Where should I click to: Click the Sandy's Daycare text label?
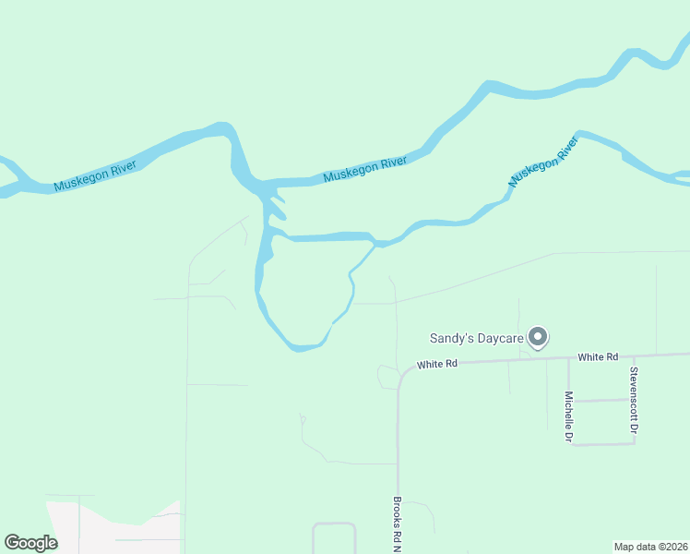click(477, 338)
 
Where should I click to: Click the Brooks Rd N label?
click(398, 524)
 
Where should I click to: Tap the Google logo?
click(30, 543)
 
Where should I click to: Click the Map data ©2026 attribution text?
click(650, 547)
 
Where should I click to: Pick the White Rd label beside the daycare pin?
click(597, 356)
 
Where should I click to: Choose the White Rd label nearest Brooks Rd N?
click(437, 365)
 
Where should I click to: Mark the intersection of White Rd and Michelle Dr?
click(567, 358)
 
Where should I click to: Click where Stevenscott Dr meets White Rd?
click(634, 355)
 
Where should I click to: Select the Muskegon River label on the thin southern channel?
click(542, 163)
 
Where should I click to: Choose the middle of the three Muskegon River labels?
click(365, 169)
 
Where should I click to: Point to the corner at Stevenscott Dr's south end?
click(634, 443)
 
